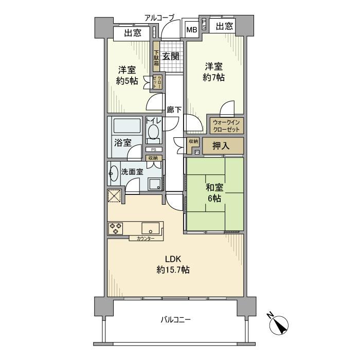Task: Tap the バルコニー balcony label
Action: (175, 320)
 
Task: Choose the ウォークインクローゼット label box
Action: (225, 126)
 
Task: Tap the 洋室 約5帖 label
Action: (126, 76)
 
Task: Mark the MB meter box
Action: (191, 30)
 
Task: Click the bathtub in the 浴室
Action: (126, 126)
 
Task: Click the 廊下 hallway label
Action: (174, 110)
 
